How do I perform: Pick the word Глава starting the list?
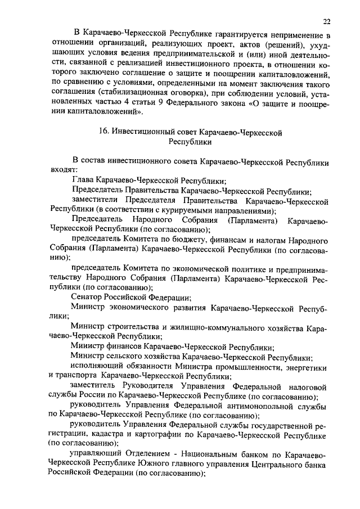(x=83, y=181)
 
